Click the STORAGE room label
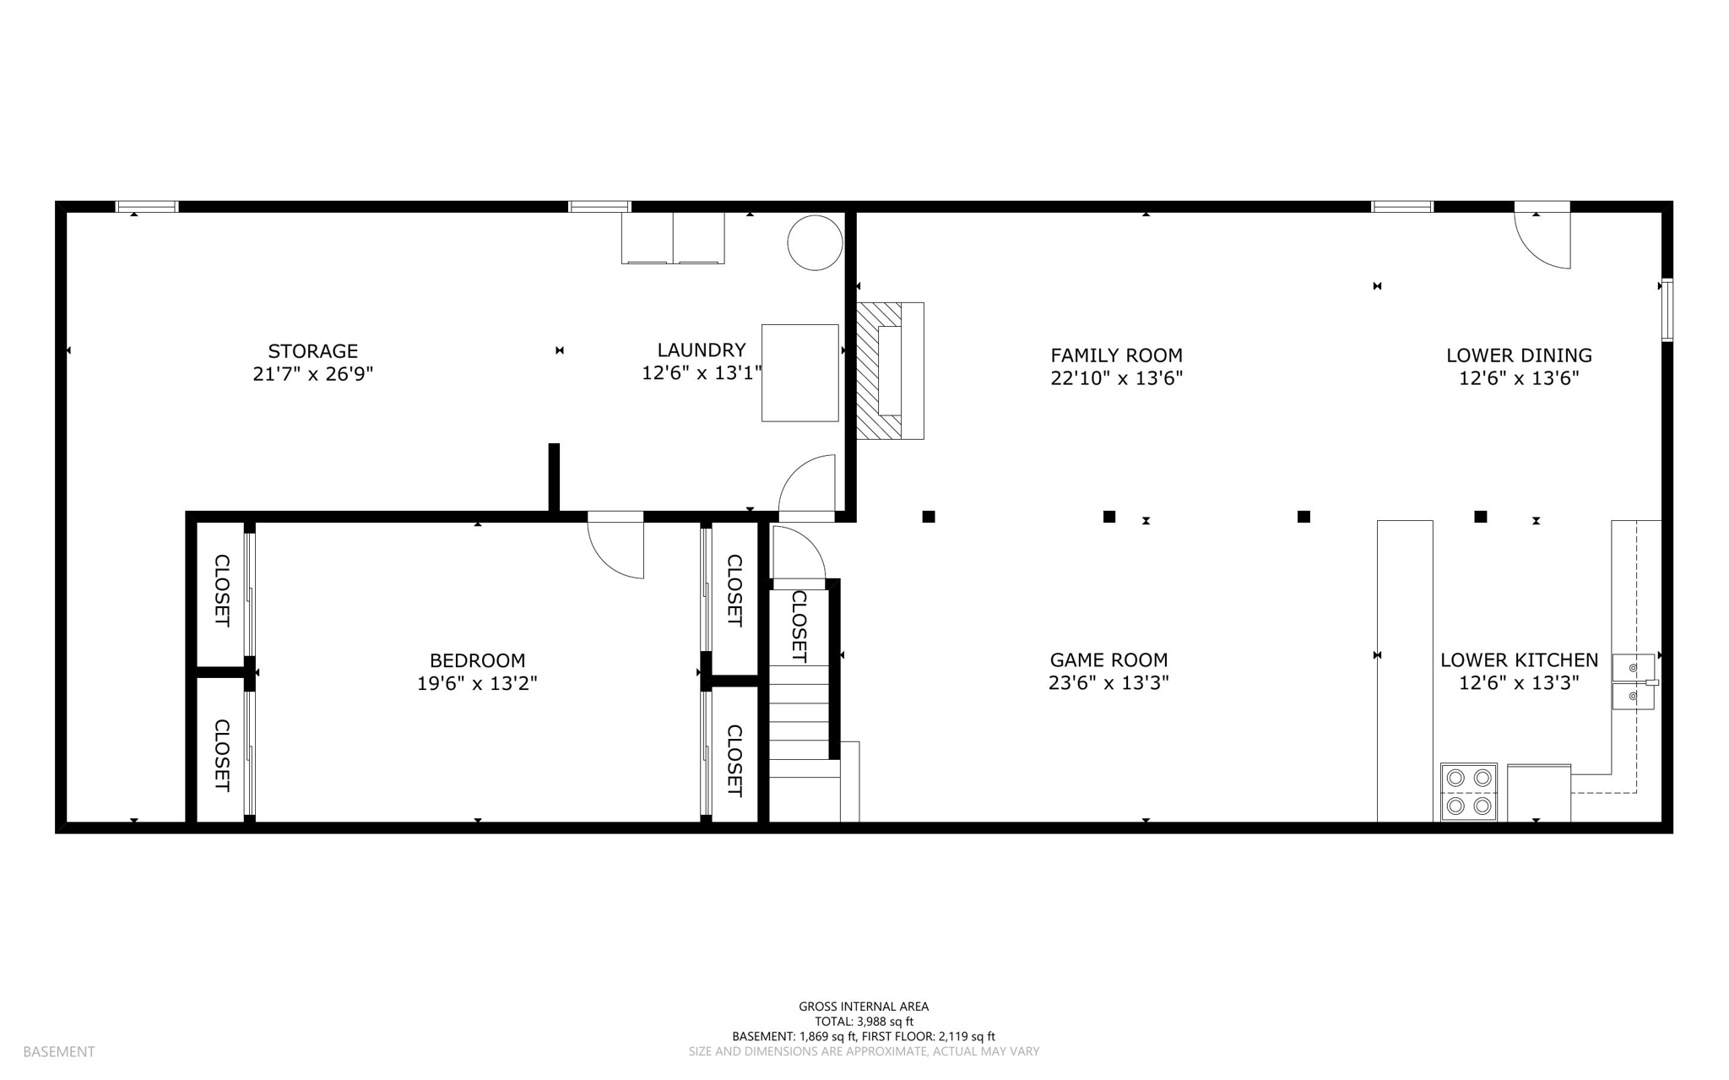tap(312, 351)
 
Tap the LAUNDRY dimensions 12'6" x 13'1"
tap(702, 373)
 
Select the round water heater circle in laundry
tap(815, 242)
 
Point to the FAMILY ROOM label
tap(1116, 355)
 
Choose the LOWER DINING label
tap(1518, 355)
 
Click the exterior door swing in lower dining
tap(1542, 236)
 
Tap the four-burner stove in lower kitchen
tap(1468, 792)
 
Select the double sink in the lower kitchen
tap(1633, 681)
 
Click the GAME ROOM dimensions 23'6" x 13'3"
tap(1108, 683)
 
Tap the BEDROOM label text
tap(477, 660)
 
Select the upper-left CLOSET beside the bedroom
tap(221, 590)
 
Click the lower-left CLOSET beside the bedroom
tap(221, 755)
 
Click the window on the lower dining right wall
tap(1667, 309)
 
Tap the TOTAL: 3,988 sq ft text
tap(864, 1022)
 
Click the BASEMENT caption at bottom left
tap(59, 1052)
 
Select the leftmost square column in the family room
tap(929, 517)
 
